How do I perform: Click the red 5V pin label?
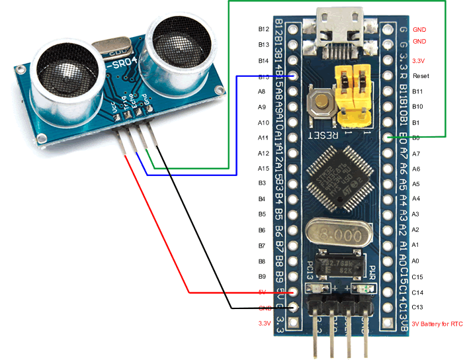[263, 292]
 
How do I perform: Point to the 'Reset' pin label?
[421, 76]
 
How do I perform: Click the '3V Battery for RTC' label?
[436, 324]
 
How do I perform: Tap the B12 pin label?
[263, 30]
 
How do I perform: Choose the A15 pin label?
[263, 169]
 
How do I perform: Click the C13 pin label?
[417, 307]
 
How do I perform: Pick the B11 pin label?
[417, 91]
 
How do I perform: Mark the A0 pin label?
[415, 261]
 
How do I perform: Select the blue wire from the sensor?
[192, 175]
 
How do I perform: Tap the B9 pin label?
[262, 276]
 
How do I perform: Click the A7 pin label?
[415, 154]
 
